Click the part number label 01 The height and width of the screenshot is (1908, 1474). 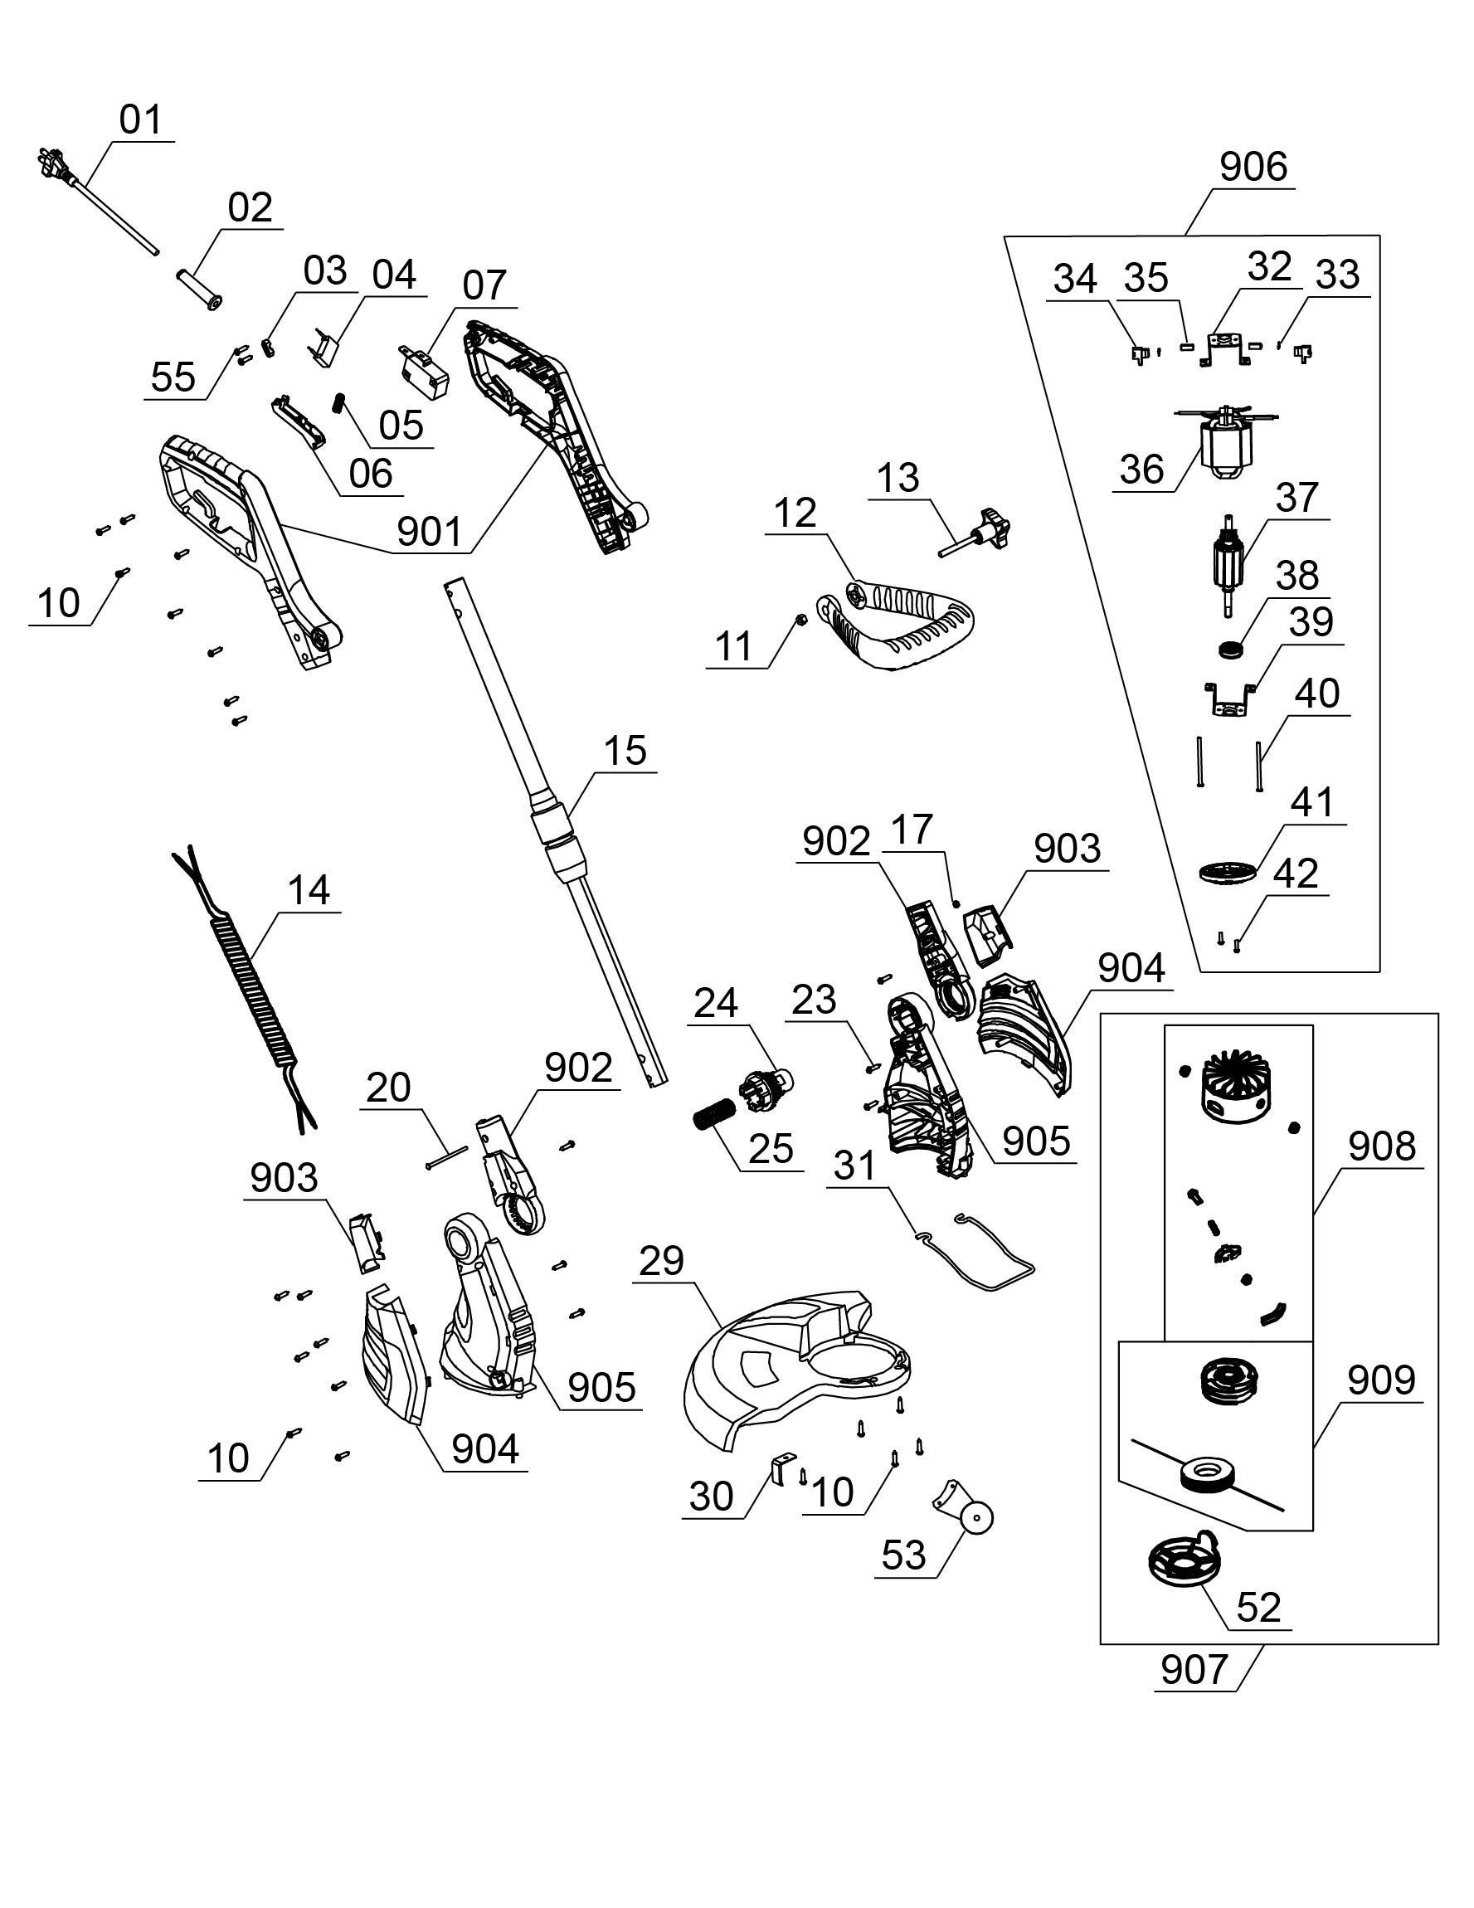[141, 119]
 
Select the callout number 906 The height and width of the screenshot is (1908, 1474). [1253, 167]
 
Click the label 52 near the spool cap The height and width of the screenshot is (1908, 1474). [1258, 1608]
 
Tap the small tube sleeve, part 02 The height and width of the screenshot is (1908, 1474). [199, 287]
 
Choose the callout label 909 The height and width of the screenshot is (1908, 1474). [1380, 1380]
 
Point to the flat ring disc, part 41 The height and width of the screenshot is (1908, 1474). [1227, 873]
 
